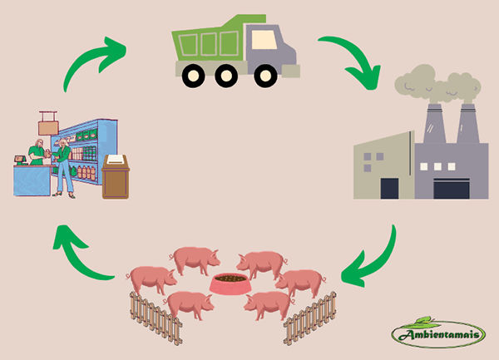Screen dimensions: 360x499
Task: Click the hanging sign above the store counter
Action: point(47,126)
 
